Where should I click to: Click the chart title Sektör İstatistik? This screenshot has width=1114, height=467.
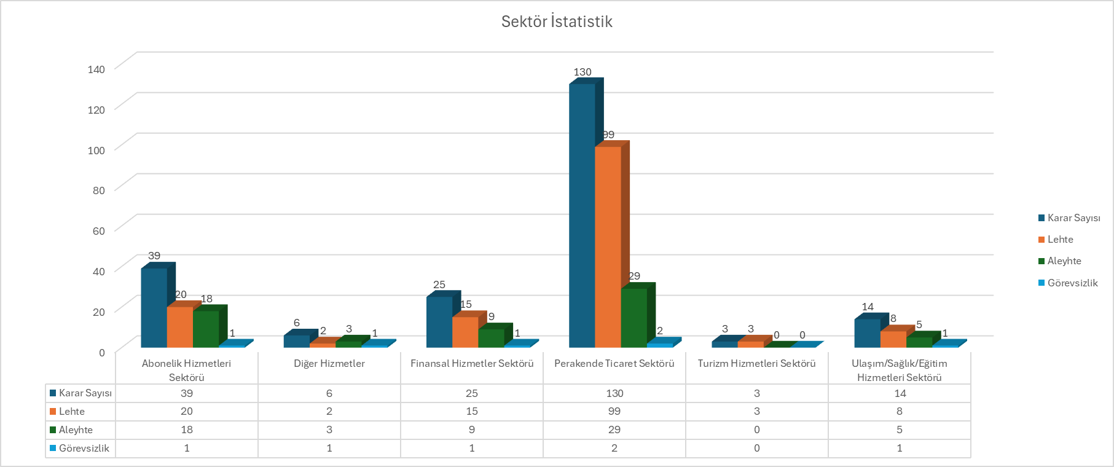pyautogui.click(x=557, y=22)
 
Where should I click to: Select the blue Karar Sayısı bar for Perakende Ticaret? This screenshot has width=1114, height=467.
pyautogui.click(x=582, y=215)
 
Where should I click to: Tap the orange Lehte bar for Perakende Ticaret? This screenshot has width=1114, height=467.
pyautogui.click(x=608, y=246)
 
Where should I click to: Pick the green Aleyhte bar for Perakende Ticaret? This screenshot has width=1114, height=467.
pyautogui.click(x=633, y=317)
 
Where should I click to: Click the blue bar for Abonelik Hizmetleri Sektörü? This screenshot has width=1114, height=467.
pyautogui.click(x=154, y=307)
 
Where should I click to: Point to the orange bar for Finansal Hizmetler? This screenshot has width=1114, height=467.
pyautogui.click(x=465, y=332)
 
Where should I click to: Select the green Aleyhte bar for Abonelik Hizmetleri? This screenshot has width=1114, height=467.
pyautogui.click(x=206, y=329)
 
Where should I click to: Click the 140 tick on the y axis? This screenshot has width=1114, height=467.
pyautogui.click(x=96, y=69)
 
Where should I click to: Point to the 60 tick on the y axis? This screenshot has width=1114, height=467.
pyautogui.click(x=98, y=230)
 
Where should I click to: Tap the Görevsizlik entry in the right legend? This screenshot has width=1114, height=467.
pyautogui.click(x=1072, y=283)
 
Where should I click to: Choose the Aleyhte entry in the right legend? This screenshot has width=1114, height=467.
pyautogui.click(x=1064, y=261)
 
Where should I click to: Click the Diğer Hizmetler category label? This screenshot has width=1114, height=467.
pyautogui.click(x=329, y=363)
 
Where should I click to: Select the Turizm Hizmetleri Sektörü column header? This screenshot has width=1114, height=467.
pyautogui.click(x=756, y=363)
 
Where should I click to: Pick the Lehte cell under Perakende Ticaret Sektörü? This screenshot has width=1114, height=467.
pyautogui.click(x=614, y=411)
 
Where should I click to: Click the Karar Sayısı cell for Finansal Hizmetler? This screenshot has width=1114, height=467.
pyautogui.click(x=472, y=393)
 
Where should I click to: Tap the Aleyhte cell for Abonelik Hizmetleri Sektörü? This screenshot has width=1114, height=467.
pyautogui.click(x=187, y=430)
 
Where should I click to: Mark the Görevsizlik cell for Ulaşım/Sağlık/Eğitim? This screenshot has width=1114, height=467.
pyautogui.click(x=900, y=448)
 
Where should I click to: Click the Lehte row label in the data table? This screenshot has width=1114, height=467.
pyautogui.click(x=72, y=411)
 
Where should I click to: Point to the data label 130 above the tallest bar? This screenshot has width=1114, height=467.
pyautogui.click(x=582, y=72)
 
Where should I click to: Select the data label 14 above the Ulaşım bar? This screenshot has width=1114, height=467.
pyautogui.click(x=868, y=307)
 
